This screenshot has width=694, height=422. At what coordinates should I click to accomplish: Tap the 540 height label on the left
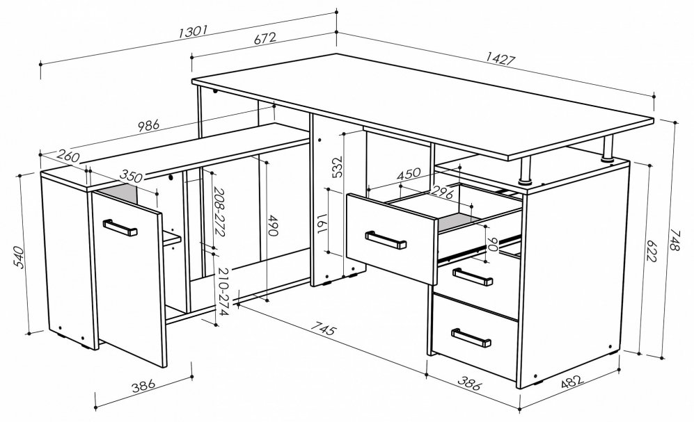point(20,255)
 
